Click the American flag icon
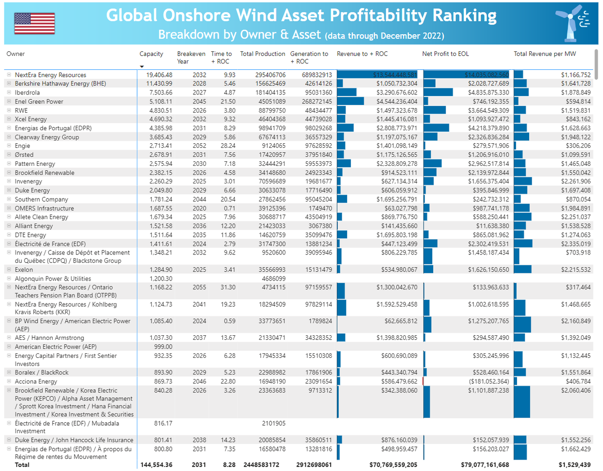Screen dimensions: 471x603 (x=34, y=23)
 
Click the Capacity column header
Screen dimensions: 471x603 (x=151, y=54)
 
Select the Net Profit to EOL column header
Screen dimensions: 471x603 (x=446, y=54)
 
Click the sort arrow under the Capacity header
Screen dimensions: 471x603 (x=142, y=66)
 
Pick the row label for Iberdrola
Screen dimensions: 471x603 (x=27, y=92)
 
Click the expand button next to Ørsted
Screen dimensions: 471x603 (x=9, y=155)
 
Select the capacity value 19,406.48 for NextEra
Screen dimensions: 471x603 (x=157, y=75)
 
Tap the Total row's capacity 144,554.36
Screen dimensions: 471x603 (x=156, y=465)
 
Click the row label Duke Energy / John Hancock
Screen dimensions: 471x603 (x=74, y=440)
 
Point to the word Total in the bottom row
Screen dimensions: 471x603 (x=22, y=465)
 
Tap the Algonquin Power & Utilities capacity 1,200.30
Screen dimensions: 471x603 (x=160, y=278)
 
